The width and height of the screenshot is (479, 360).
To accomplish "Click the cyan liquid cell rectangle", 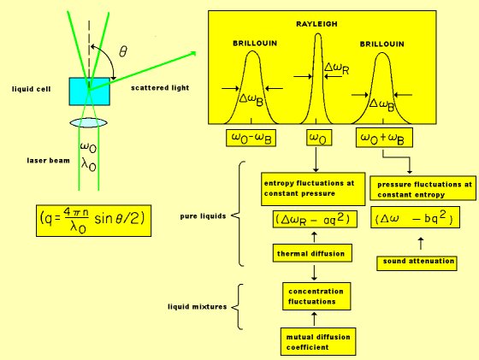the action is pos(89,91).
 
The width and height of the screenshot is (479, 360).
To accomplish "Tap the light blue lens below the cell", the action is pos(88,123).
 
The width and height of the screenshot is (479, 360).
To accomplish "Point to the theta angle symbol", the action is pos(123,51).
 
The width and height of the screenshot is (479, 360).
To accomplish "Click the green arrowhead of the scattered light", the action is pos(192,54).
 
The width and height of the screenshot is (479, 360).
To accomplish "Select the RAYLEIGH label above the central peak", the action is pos(316,24).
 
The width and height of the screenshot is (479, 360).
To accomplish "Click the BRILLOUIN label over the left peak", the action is pos(255,44).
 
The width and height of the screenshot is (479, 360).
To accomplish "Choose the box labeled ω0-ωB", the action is pos(251,138).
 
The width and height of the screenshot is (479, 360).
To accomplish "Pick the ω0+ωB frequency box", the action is pos(384,138).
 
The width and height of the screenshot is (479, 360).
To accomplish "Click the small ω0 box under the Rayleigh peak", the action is pos(319,138).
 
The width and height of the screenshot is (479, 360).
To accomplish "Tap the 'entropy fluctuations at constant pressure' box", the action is pos(313,189).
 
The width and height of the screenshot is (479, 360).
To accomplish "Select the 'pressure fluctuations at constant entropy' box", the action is pos(423,188).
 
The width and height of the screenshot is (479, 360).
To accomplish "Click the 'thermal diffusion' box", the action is pos(312,253).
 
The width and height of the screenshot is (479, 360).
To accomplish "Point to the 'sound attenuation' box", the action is pos(417,263).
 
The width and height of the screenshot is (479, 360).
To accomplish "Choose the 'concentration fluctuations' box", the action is pos(316,296).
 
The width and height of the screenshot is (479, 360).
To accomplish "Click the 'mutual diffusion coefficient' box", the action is pos(318,342).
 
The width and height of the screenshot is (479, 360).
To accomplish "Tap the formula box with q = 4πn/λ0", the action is pos(93,221).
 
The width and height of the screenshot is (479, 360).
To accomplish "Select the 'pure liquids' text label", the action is pos(203,216).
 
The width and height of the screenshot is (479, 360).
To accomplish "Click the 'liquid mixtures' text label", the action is pos(197,307).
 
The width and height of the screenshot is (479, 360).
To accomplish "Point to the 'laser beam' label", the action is pos(48,161).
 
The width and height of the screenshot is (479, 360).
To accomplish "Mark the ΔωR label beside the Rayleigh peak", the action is pos(337,68).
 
